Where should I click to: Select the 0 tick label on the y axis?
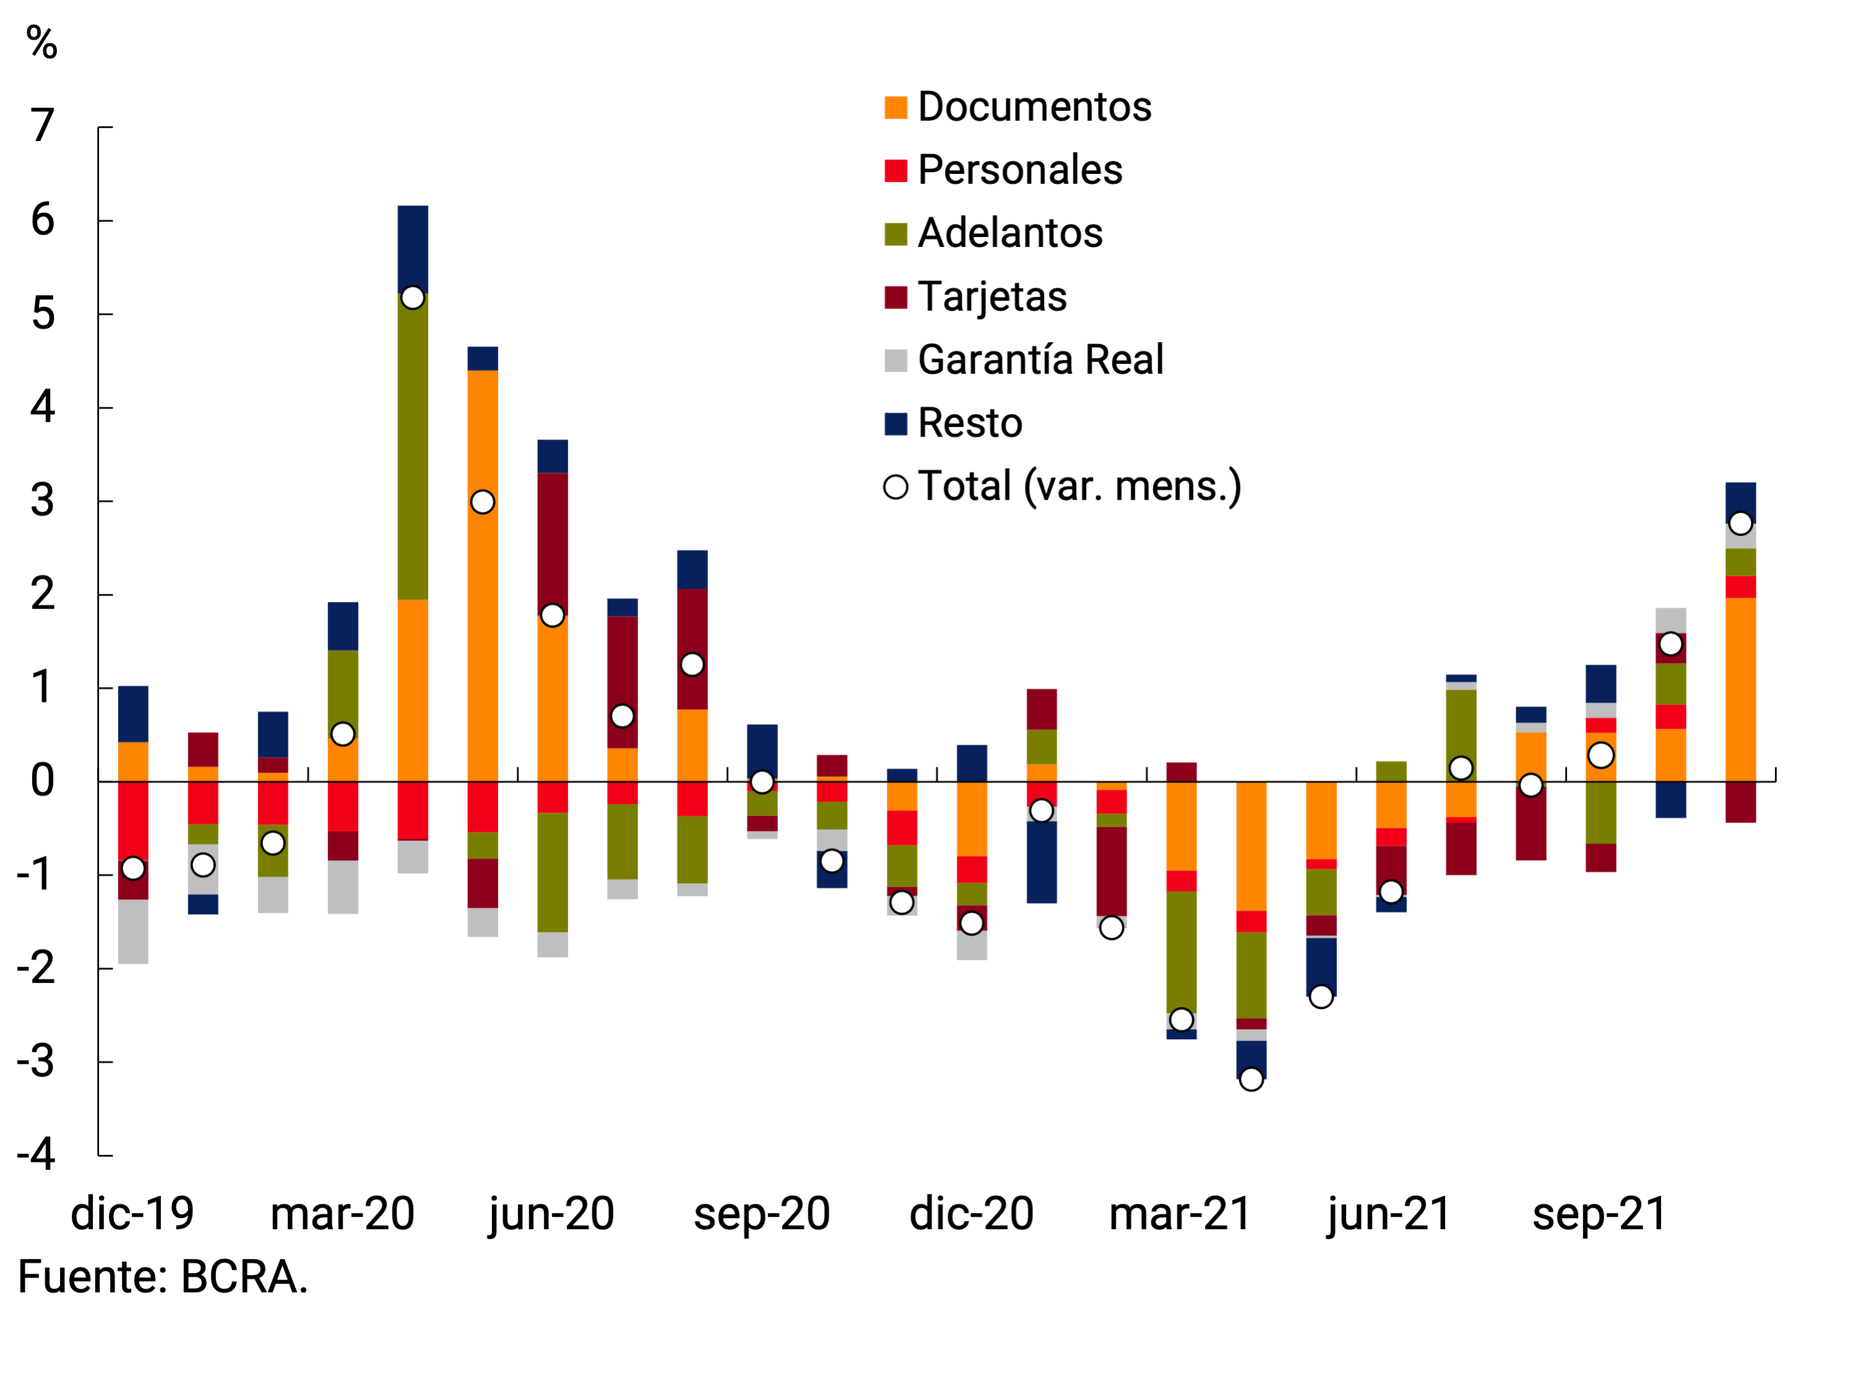coord(43,781)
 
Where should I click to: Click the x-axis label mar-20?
coord(342,1214)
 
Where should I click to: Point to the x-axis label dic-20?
coord(972,1214)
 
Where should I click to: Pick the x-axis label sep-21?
coord(1599,1214)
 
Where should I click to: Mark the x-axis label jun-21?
coord(1389,1214)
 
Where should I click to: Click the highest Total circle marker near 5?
coord(413,298)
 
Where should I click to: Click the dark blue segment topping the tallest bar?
coord(413,249)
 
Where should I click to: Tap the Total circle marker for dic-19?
coord(134,868)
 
